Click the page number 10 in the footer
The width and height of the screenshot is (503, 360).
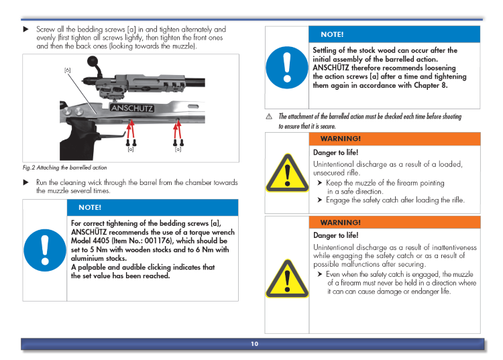(254, 344)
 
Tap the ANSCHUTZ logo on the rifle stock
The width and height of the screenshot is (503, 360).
(131, 108)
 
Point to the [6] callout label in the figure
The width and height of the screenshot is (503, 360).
(67, 70)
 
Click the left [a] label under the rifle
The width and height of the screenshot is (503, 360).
(131, 149)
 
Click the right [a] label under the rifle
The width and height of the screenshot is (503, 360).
(178, 149)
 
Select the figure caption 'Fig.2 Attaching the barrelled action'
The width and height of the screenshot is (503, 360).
(64, 168)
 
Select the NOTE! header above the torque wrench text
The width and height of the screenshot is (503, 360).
(90, 207)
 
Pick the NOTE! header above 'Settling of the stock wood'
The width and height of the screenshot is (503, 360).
(332, 34)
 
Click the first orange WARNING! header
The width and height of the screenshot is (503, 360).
(341, 139)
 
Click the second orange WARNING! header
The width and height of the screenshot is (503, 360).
(341, 222)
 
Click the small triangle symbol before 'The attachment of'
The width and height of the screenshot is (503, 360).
(269, 117)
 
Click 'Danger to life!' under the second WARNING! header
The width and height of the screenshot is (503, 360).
(335, 235)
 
